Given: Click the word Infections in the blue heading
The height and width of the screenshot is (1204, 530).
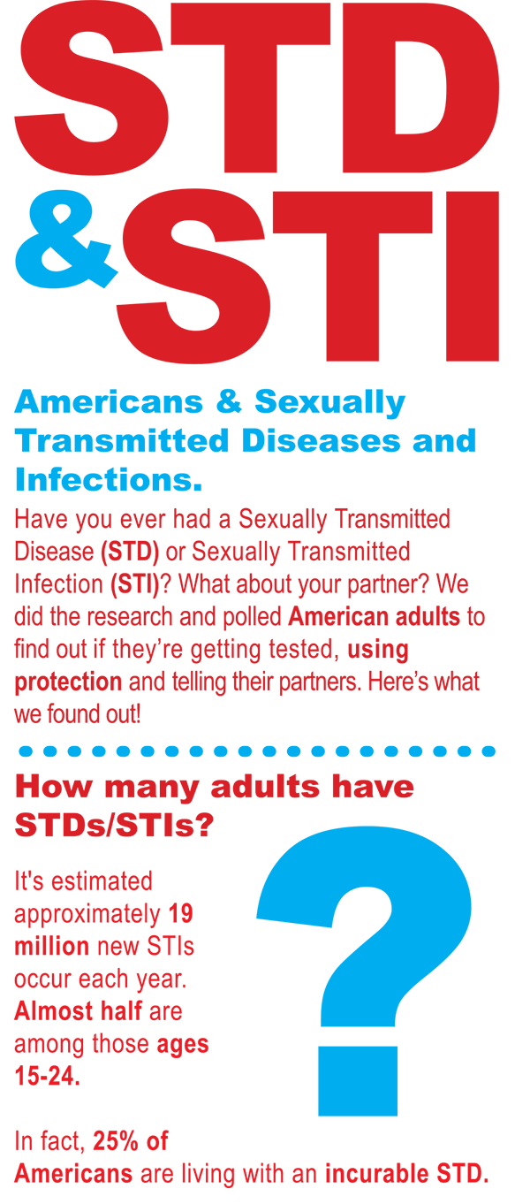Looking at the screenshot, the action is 109,479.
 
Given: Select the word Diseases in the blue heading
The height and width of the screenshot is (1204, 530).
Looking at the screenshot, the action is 322,440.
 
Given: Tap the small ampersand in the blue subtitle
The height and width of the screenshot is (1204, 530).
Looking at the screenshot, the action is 230,401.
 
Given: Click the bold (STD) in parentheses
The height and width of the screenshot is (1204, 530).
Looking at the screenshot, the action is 130,552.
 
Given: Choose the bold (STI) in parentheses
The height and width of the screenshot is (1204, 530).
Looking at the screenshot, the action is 135,584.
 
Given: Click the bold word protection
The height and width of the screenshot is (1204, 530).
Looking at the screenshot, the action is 68,682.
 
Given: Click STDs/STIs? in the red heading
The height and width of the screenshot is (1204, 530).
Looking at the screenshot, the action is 114,825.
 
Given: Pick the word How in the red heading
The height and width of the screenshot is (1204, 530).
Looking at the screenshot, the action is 54,787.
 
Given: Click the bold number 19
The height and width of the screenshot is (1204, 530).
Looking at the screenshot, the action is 180,913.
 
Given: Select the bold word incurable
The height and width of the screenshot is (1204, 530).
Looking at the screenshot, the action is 376,1173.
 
